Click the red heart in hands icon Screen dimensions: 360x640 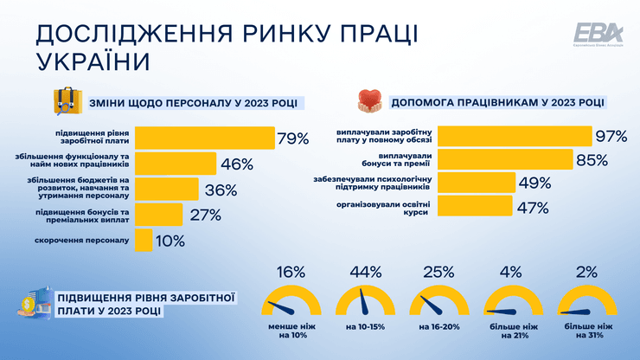(x=369, y=101)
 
